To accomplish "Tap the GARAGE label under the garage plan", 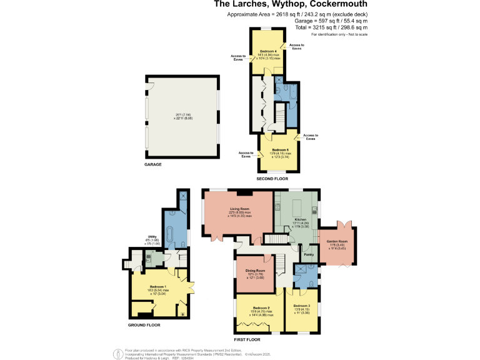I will tap(153, 164).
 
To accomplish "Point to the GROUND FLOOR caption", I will tap(146, 325).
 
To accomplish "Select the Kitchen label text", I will tap(301, 220).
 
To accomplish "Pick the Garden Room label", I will tap(338, 241).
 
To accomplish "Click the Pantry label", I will tap(309, 254).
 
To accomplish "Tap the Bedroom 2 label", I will tap(261, 308).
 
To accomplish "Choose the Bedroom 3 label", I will tap(302, 306).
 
